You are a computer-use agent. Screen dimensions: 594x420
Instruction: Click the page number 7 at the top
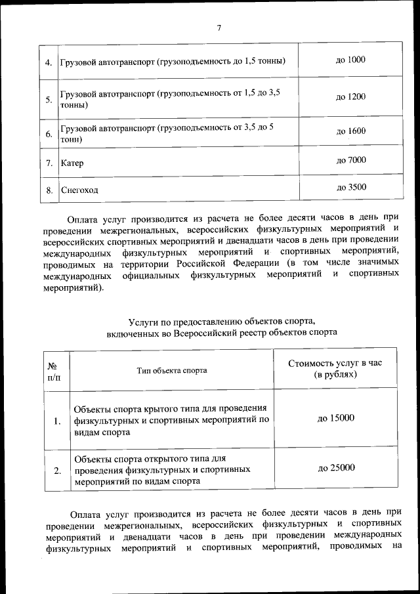pos(219,28)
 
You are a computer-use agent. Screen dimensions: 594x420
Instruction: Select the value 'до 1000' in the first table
pos(350,60)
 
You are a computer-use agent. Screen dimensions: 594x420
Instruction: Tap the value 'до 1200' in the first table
pos(350,97)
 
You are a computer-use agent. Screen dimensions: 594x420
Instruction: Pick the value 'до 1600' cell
pos(350,131)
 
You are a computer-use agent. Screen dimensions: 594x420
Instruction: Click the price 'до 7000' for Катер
pos(350,160)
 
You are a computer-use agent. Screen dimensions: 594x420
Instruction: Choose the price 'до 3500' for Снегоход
pos(350,187)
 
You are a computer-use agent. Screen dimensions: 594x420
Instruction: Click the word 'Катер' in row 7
pos(72,162)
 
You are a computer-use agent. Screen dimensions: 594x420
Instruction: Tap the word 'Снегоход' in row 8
pos(79,190)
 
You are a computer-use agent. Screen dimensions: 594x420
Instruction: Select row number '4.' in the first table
pos(49,62)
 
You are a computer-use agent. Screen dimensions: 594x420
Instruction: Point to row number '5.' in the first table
pos(49,100)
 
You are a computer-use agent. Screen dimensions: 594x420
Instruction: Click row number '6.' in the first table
pos(49,135)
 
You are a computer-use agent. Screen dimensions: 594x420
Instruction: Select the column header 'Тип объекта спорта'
pos(172,370)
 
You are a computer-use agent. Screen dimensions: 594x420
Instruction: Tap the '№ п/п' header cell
pos(53,371)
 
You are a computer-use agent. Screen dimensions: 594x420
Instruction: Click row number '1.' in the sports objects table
pos(57,421)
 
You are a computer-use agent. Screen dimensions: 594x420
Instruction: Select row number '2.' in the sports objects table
pos(57,470)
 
